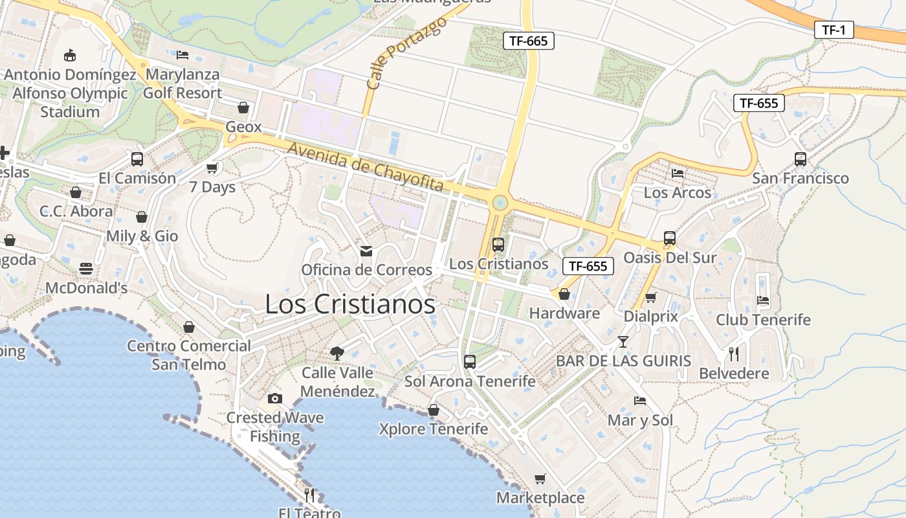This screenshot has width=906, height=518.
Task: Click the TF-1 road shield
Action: [834, 30]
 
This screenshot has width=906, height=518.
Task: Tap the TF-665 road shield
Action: [529, 41]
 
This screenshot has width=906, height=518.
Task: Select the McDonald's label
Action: [86, 287]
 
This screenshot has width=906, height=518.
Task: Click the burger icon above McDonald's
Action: [86, 268]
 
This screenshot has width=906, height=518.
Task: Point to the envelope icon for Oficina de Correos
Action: [366, 251]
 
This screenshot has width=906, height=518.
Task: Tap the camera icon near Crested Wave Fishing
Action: [275, 398]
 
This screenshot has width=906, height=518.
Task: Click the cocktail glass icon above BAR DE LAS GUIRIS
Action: [623, 341]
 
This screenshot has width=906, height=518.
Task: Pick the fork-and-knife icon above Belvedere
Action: [734, 354]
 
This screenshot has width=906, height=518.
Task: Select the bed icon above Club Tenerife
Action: [763, 300]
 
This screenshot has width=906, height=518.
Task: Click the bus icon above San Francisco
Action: [801, 159]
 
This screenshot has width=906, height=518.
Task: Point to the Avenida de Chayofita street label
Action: [366, 167]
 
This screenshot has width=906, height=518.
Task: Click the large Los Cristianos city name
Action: [350, 304]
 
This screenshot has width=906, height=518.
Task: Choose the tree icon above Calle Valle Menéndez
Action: [337, 353]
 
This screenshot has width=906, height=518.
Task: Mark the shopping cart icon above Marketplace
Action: [540, 479]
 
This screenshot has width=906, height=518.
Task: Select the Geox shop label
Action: [244, 127]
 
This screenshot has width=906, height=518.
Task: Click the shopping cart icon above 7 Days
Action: [212, 168]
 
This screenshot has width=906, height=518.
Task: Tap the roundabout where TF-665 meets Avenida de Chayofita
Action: [499, 203]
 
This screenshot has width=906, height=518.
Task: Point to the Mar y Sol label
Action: [640, 420]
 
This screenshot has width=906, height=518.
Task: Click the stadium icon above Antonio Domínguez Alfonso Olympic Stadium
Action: [70, 55]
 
